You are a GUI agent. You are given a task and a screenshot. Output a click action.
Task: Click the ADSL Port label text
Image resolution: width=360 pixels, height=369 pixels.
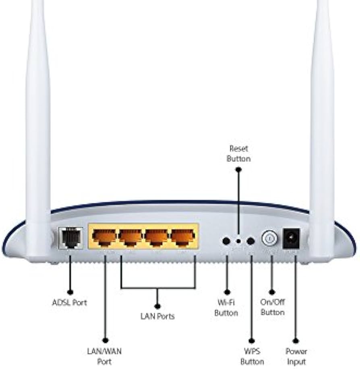coord(69,302)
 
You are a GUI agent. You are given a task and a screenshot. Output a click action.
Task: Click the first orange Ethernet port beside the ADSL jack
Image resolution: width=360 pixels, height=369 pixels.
coord(104,236)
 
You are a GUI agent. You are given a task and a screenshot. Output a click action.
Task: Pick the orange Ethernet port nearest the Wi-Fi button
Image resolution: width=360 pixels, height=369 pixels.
coord(183,236)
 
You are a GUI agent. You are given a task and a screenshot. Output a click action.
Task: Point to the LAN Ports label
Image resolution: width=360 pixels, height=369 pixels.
coord(157,316)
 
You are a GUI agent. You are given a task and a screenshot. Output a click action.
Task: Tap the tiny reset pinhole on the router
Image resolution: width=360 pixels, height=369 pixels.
coord(238,241)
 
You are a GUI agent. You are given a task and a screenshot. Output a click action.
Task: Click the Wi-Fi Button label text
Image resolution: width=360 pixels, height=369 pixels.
coord(226,307)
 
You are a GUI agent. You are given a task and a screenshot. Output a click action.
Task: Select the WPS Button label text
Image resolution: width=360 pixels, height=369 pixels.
coord(252,356)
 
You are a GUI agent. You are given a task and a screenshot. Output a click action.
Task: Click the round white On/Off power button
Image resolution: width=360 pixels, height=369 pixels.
coord(269,238)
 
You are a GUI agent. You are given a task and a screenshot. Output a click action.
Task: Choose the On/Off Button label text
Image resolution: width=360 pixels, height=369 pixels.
coord(273,307)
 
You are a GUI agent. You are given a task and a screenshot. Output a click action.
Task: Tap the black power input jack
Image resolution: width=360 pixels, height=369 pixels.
coord(292,238)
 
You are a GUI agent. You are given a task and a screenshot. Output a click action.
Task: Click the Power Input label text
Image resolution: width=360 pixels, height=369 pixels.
coord(296,357)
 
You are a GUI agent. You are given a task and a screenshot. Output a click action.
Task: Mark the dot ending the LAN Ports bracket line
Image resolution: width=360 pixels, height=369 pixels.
coord(157,306)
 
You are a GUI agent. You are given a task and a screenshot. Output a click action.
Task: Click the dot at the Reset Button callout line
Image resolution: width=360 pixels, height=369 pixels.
coord(238,170)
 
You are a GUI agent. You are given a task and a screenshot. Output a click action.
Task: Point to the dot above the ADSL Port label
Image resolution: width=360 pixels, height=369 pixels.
coord(70,292)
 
